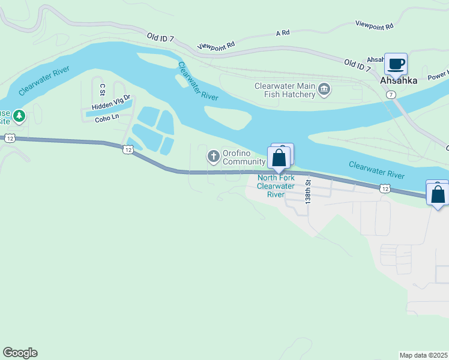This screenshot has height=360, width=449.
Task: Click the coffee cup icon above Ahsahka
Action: click(x=396, y=64)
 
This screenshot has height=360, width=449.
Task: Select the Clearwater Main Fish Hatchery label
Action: click(x=285, y=90)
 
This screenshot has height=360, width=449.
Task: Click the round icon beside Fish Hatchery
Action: click(x=324, y=90)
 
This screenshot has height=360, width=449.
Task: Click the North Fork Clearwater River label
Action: click(x=276, y=186)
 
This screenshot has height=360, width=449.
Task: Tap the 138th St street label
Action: click(x=308, y=192)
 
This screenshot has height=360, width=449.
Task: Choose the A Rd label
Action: click(x=283, y=34)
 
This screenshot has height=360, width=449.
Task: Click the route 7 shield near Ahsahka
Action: click(x=391, y=95)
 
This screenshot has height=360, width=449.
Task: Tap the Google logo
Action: click(x=20, y=353)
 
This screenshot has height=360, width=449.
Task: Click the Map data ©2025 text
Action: click(x=424, y=355)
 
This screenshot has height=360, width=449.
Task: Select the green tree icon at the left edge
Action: click(x=19, y=115)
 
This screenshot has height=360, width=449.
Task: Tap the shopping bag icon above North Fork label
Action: click(x=279, y=158)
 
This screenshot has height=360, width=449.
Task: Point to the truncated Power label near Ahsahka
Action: click(x=438, y=77)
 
